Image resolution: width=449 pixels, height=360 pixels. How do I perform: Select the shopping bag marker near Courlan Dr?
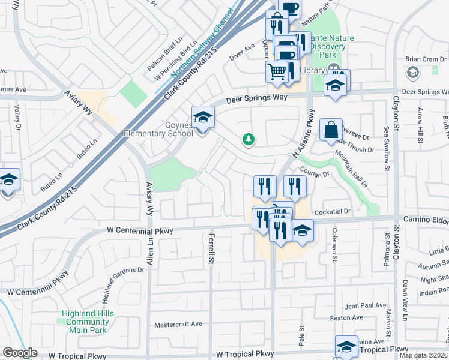(x=331, y=130)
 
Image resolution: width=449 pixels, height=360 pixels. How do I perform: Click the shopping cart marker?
(x=277, y=71)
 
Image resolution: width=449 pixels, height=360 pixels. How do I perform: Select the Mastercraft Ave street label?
(x=178, y=324)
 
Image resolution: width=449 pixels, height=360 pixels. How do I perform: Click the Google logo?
(x=20, y=353)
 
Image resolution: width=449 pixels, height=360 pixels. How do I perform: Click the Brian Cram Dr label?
(x=426, y=59)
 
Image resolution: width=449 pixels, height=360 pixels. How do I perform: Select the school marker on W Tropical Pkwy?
(x=346, y=347)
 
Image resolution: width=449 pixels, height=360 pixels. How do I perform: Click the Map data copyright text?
(x=423, y=355)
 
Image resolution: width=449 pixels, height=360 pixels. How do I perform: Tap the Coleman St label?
(x=334, y=245)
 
